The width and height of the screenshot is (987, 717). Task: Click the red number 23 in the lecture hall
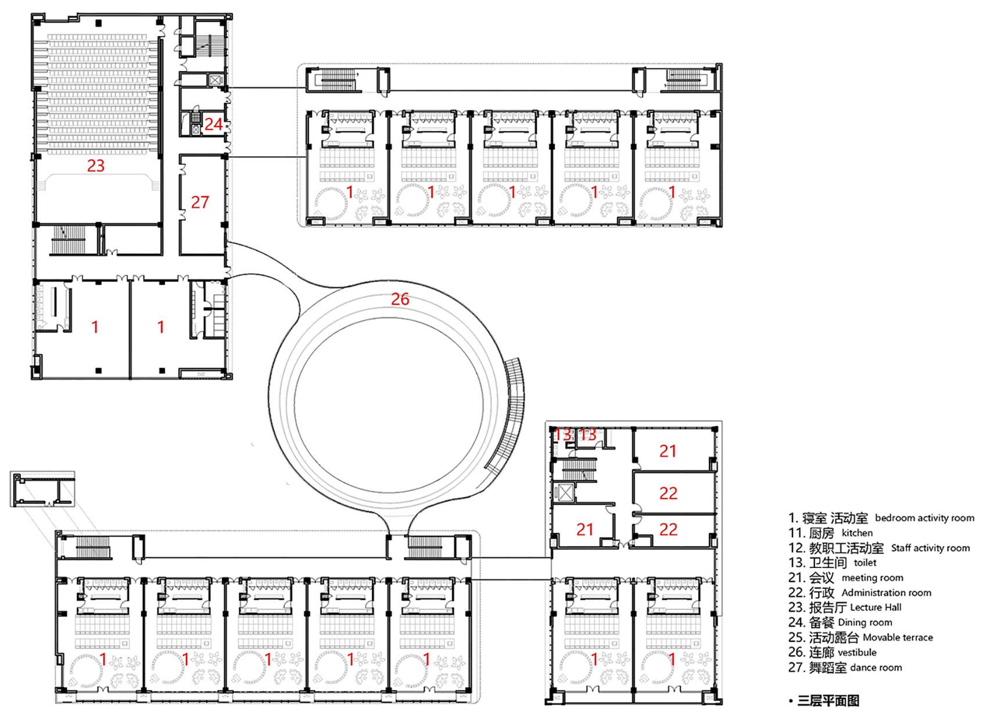[96, 165]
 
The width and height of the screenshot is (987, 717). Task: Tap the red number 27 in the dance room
[200, 202]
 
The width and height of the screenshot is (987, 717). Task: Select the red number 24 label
[213, 125]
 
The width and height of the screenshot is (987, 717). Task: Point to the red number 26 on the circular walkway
[400, 299]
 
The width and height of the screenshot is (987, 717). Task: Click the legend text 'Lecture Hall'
[876, 607]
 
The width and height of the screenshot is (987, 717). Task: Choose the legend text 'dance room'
[876, 668]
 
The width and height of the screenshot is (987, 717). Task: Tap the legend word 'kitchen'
[857, 533]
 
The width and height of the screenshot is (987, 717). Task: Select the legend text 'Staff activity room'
[931, 548]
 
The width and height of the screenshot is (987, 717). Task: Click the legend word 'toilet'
[865, 563]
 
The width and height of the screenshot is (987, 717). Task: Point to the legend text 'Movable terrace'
[898, 638]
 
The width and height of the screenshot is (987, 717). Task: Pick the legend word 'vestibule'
[857, 652]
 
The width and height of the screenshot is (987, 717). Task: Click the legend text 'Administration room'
[887, 593]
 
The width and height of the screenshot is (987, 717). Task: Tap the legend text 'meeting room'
[873, 577]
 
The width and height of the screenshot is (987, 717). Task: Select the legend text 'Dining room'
[865, 622]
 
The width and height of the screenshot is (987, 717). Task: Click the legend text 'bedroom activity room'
[924, 518]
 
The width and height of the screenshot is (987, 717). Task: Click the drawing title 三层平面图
[828, 701]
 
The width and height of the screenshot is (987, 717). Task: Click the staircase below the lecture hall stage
[68, 240]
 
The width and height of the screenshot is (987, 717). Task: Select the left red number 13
[562, 434]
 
